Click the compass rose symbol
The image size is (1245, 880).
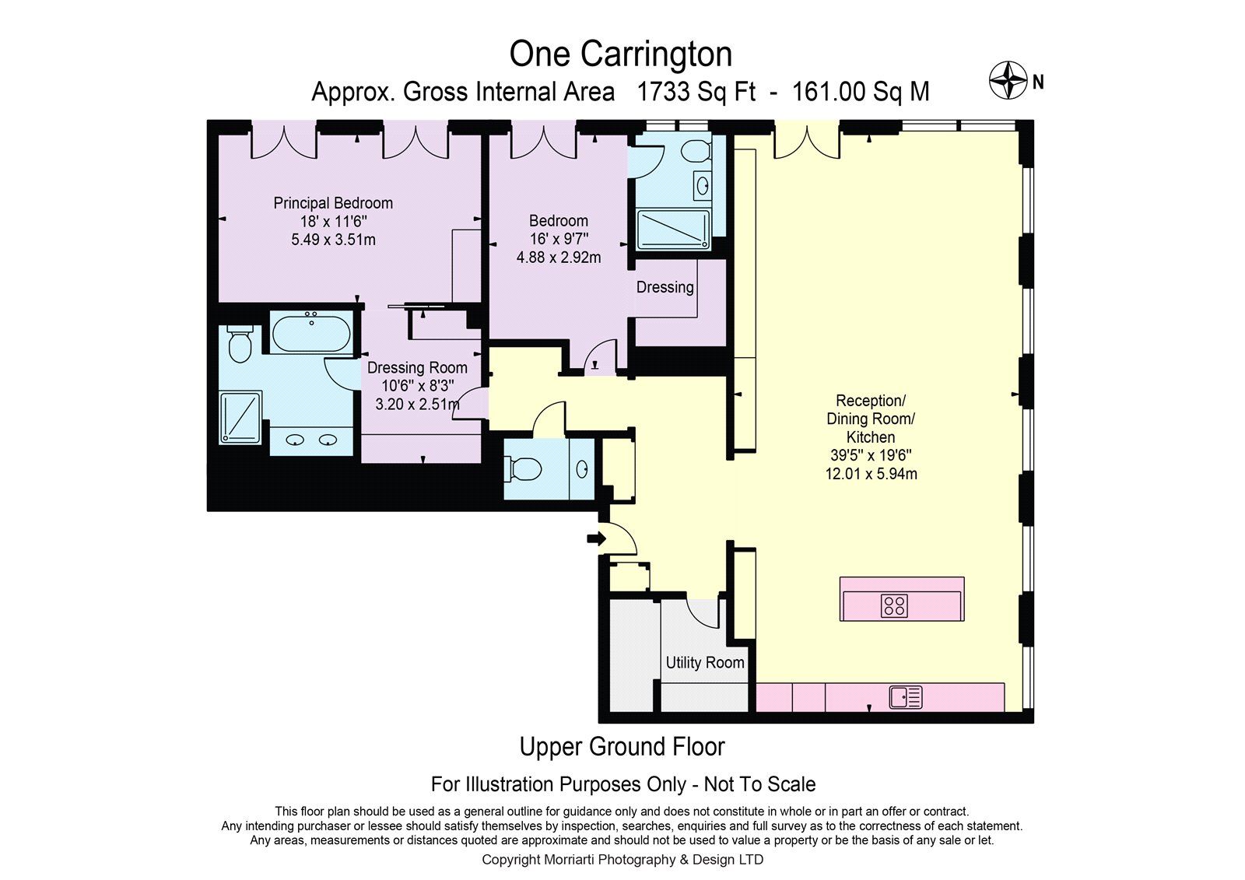point(1008,80)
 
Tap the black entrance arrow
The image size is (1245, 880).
point(596,538)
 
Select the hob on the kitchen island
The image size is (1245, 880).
point(894,605)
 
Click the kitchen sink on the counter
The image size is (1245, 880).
point(906,696)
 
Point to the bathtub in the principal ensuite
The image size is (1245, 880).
point(311,332)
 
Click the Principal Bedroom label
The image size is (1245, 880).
point(333,203)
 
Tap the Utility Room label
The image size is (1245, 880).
point(705,662)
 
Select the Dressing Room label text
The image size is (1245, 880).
point(417,367)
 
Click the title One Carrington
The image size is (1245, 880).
point(620,54)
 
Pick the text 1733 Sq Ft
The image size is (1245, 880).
point(696,91)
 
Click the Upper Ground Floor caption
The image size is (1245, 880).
point(622,747)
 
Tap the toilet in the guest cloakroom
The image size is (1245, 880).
point(522,468)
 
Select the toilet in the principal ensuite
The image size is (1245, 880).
point(240,345)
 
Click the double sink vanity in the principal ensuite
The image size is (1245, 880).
point(311,441)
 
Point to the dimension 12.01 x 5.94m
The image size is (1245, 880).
point(871,474)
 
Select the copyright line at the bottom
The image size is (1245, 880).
point(622,860)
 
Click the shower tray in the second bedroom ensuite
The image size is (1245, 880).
point(673,229)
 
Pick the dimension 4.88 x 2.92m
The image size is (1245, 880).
point(559,258)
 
